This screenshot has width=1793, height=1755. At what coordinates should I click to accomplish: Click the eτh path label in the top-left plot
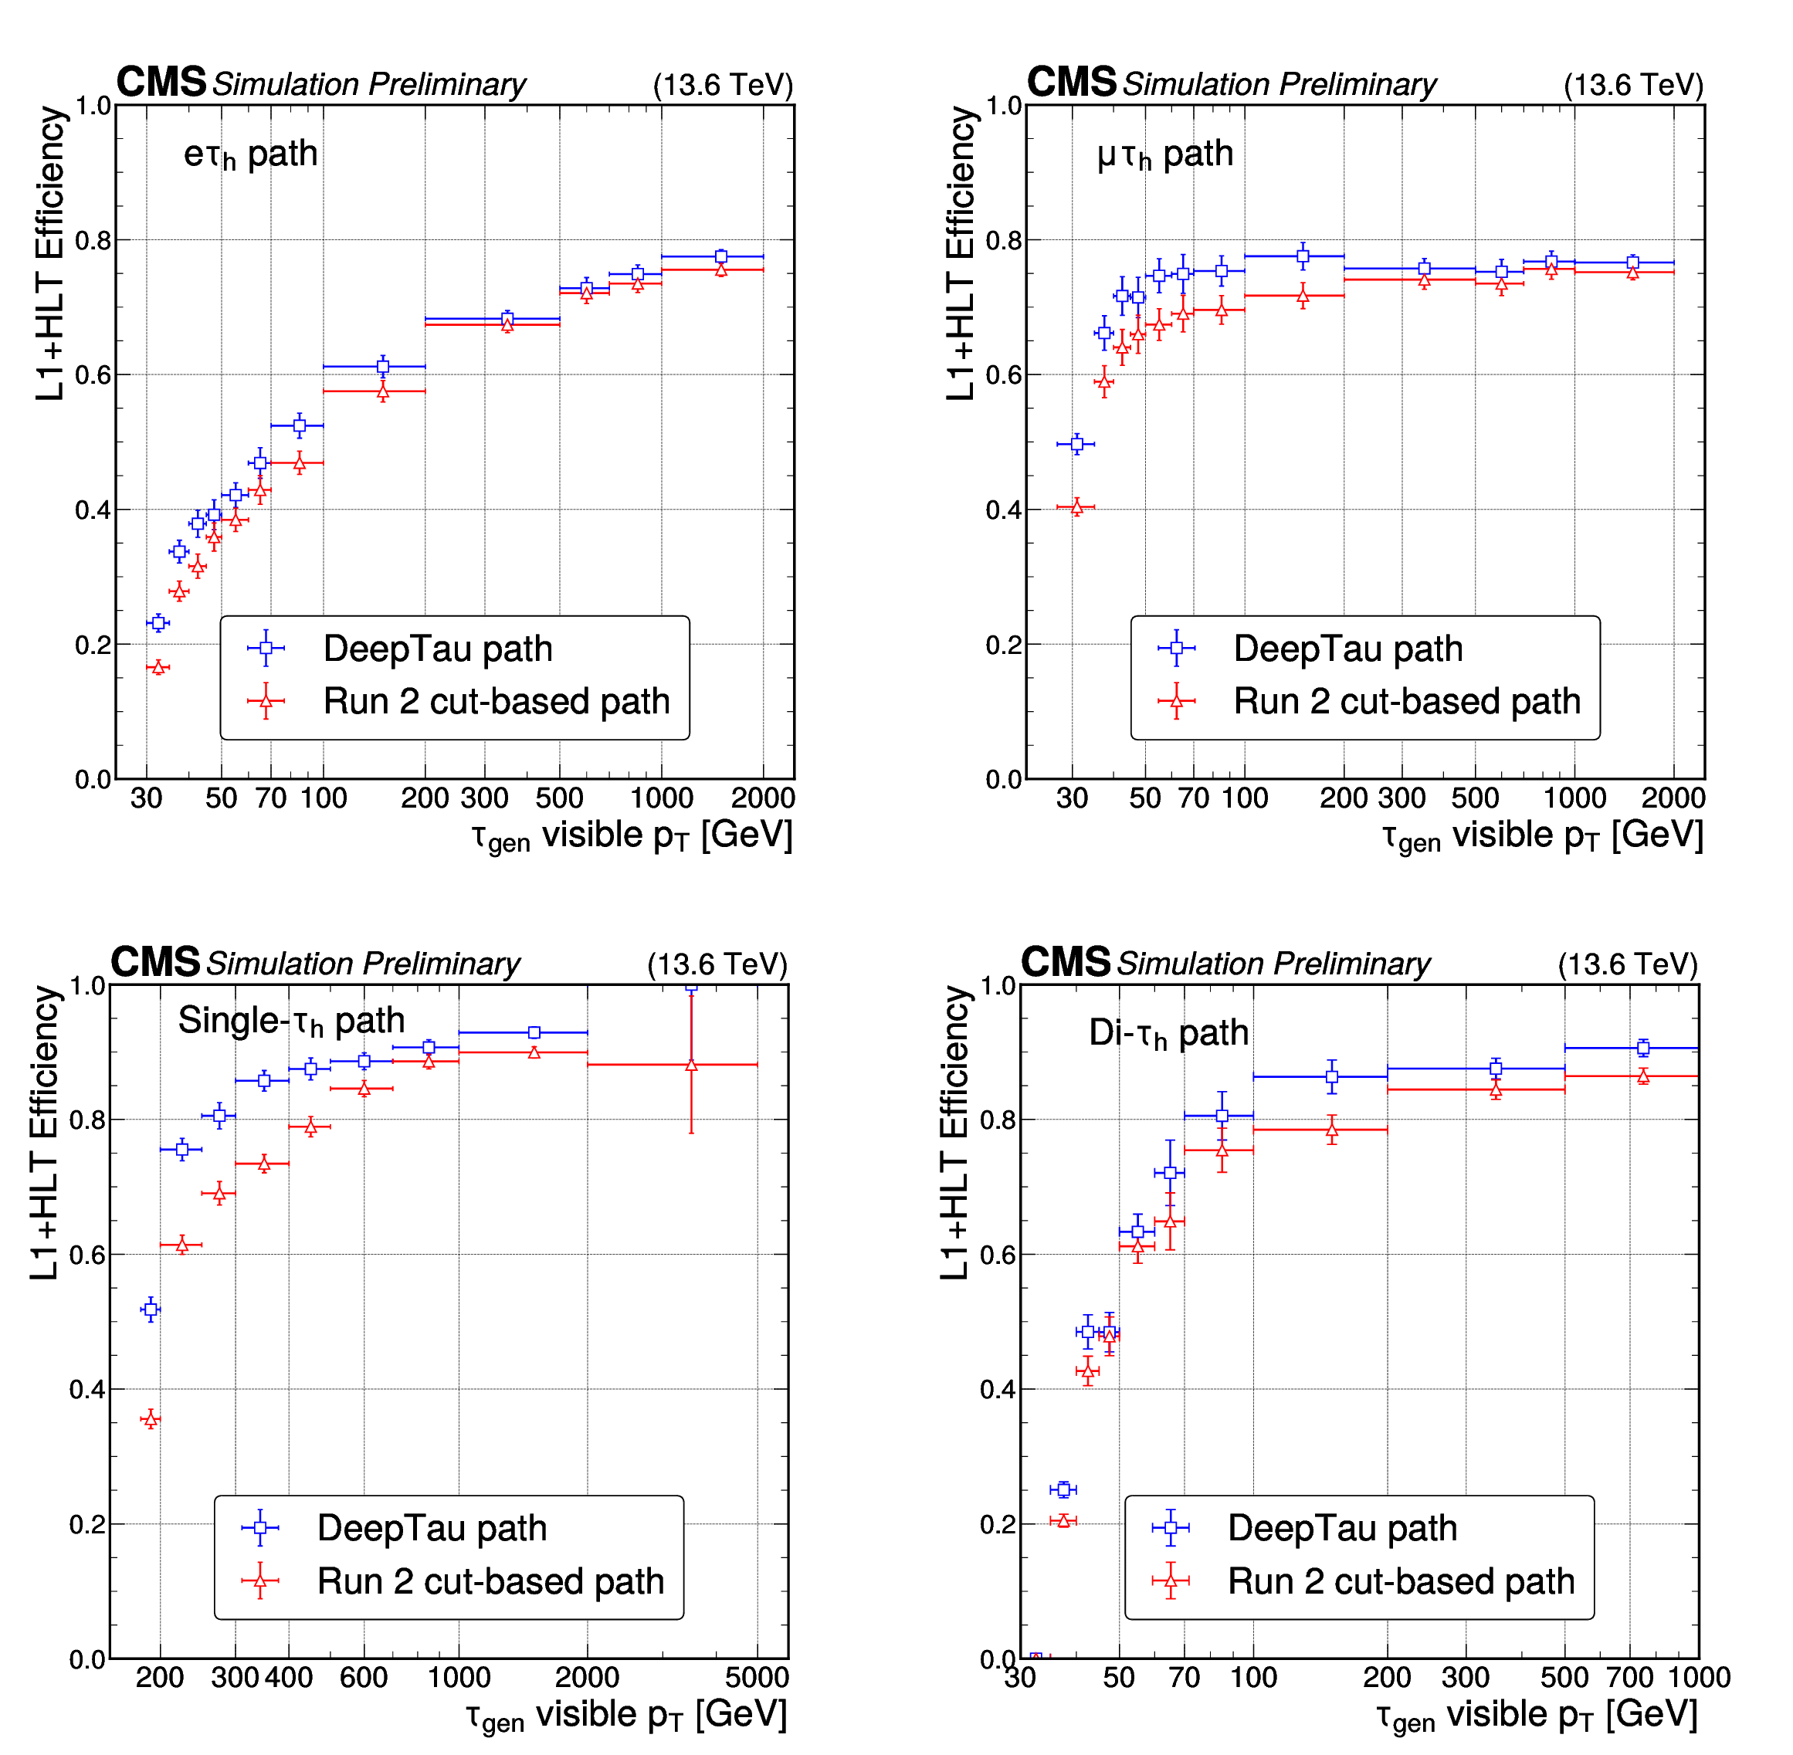tap(250, 154)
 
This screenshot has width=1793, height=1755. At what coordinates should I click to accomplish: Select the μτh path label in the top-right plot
tap(1164, 154)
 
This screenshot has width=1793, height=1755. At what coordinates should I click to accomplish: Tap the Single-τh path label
tap(291, 1021)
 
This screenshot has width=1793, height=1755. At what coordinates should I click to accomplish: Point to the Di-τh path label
tap(1168, 1033)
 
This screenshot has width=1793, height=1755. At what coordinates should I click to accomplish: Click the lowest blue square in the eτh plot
tap(158, 623)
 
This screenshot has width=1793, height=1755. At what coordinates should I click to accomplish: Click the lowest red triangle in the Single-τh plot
tap(151, 1419)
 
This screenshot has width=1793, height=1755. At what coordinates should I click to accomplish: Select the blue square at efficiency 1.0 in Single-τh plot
tap(691, 985)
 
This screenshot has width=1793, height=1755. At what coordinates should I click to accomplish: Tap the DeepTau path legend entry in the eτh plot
tap(437, 649)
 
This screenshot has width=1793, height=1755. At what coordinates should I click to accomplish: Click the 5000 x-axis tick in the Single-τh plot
tap(757, 1678)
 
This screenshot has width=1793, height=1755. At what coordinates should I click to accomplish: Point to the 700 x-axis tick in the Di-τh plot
tap(1629, 1678)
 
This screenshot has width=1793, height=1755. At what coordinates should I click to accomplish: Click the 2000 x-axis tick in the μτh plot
tap(1673, 798)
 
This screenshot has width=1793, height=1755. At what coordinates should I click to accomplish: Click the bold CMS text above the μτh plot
tap(1071, 82)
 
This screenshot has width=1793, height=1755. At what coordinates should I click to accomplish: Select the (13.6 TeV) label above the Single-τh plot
tap(717, 964)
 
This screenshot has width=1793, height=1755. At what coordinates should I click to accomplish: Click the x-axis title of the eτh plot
tap(632, 836)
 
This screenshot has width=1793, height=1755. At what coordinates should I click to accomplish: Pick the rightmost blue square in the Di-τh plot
tap(1642, 1047)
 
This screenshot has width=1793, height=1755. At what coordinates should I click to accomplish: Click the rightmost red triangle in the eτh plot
tap(721, 269)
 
